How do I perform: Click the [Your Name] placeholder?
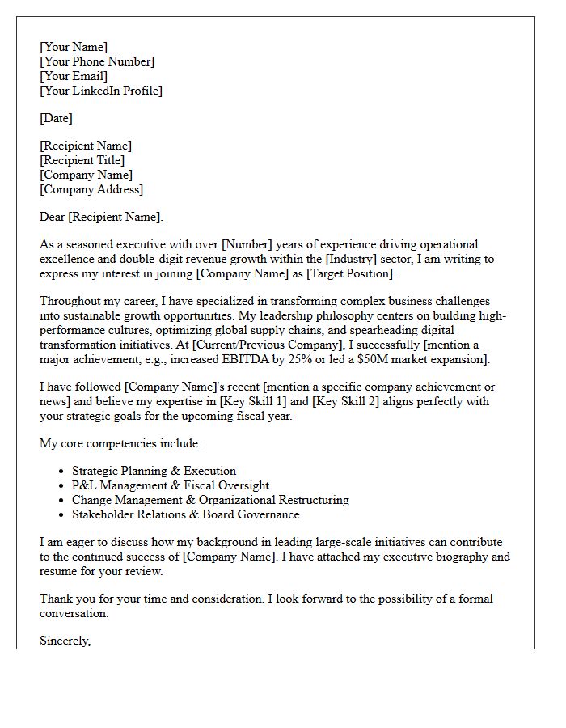pos(74,47)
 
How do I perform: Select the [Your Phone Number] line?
pos(97,61)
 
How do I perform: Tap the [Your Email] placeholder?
pos(74,76)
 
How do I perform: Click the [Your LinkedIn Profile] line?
pos(101,91)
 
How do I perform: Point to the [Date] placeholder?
pos(56,118)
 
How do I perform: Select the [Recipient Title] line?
pos(82,160)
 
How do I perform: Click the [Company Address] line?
pos(91,189)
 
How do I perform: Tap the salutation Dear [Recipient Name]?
pos(101,217)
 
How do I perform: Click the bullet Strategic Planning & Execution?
pos(154,471)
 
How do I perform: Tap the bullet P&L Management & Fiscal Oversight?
pos(171,485)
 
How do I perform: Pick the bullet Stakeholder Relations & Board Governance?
pos(186,514)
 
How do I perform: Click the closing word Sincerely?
pos(65,641)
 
